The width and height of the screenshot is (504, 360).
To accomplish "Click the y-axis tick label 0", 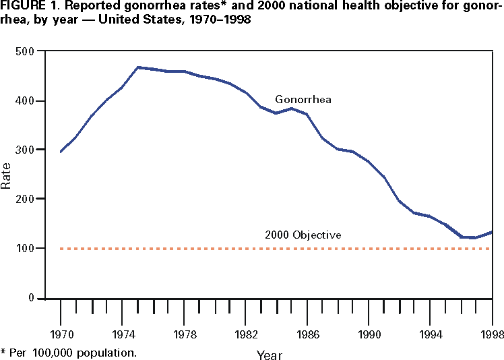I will (x=31, y=298).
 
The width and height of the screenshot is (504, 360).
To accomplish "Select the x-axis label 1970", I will (x=61, y=334).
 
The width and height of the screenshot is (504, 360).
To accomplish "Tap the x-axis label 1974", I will (x=123, y=334).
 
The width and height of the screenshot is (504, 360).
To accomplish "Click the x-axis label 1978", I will (x=184, y=334).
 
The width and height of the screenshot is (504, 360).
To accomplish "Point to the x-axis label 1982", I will (x=245, y=334).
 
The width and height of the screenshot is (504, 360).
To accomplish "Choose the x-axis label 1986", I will (x=307, y=334).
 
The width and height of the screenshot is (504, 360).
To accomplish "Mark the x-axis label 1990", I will (x=369, y=334).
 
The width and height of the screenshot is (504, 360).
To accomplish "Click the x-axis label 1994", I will (x=430, y=334).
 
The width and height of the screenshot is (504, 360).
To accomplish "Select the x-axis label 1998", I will (x=491, y=334).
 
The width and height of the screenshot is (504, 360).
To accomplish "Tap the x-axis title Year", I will (x=269, y=355).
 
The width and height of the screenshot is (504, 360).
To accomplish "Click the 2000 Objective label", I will (x=303, y=235).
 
